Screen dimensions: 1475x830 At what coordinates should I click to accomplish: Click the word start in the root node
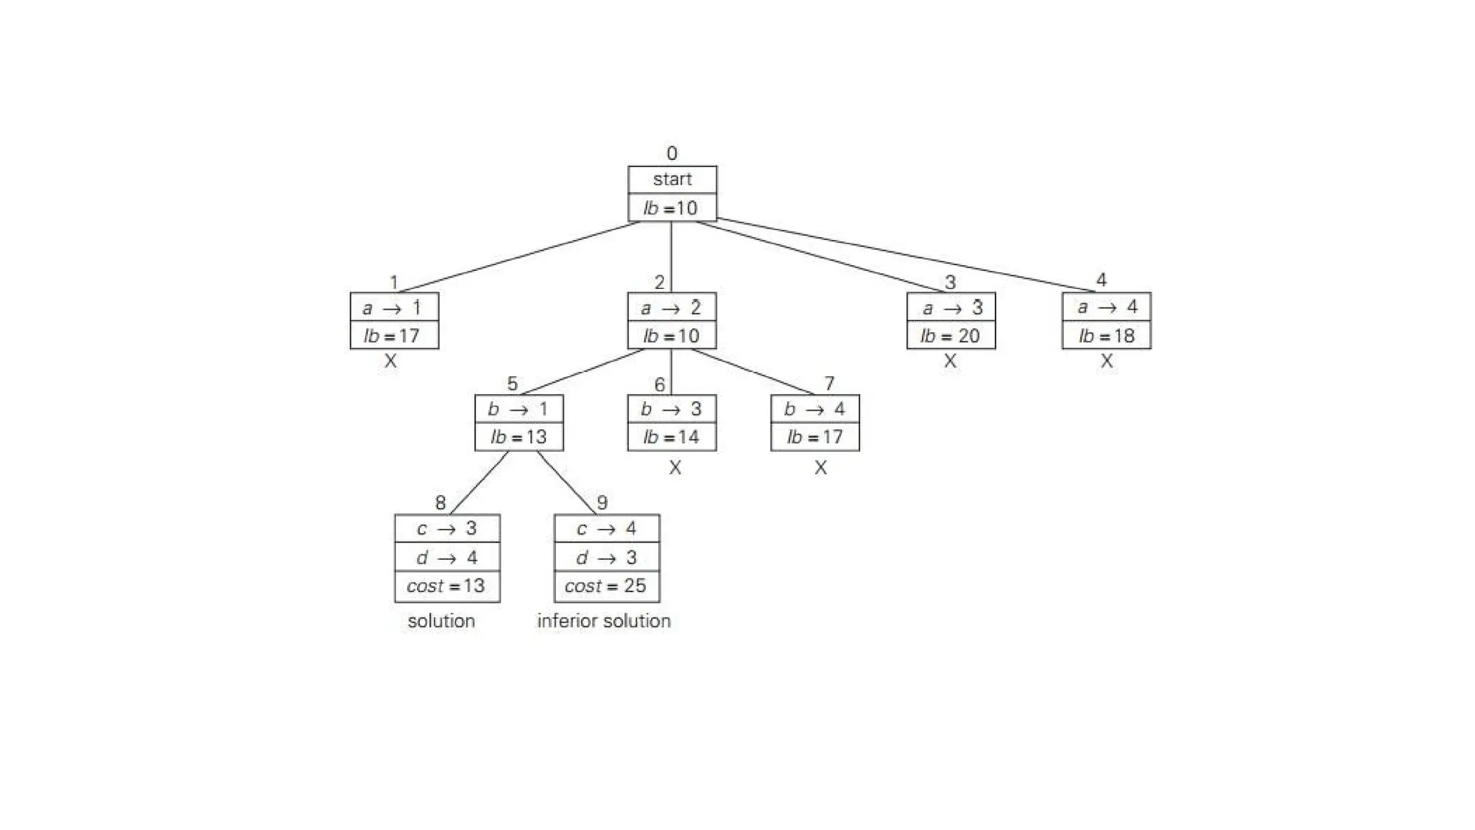coord(672,179)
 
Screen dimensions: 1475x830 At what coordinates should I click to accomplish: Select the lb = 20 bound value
coord(951,336)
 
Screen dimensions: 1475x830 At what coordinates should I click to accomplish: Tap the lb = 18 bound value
coord(1106,336)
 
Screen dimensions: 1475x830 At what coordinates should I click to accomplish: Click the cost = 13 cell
coord(447,586)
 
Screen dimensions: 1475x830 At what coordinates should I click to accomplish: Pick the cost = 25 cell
coord(606,586)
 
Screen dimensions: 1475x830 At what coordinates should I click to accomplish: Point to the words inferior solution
coord(604,621)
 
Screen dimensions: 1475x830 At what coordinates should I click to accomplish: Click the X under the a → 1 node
coord(390,361)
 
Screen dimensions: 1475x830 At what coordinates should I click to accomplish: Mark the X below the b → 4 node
coord(820,468)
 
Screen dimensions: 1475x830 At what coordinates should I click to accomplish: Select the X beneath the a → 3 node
coord(950,361)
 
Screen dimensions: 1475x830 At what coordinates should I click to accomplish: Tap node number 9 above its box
coord(602,502)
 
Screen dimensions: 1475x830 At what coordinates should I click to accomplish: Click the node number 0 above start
coord(672,153)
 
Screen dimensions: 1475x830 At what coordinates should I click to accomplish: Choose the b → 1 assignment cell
coord(519,409)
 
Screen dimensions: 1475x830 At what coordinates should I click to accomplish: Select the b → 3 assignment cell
coord(671,409)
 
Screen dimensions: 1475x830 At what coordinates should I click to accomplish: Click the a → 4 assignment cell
coord(1106,308)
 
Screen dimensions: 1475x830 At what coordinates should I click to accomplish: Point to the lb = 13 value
coord(519,437)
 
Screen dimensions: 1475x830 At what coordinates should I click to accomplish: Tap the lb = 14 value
coord(671,437)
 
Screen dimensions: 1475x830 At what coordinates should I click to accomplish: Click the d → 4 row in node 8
coord(447,558)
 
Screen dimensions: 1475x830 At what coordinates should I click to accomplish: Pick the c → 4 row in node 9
coord(606,529)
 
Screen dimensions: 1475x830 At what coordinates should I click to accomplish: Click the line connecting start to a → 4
coord(907,255)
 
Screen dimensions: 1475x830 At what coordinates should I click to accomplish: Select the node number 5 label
coord(512,384)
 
